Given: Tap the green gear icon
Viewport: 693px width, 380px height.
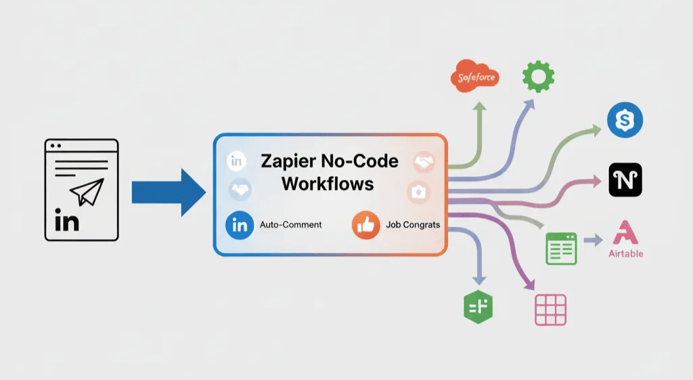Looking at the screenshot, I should coord(538,77).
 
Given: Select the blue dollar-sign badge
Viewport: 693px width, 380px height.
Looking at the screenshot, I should coord(625,121).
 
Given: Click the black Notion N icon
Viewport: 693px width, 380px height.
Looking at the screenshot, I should coord(625,180).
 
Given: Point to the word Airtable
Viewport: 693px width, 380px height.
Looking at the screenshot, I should coord(625,254).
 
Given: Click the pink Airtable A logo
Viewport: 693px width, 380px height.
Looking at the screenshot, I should coord(625,233).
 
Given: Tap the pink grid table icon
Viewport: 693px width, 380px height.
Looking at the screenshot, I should coord(550,310).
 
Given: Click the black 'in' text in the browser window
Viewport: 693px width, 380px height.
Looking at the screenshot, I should coord(66,221).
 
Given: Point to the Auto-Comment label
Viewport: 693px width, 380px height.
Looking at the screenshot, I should coord(290,224).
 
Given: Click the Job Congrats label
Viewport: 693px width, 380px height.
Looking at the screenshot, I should coord(413,224).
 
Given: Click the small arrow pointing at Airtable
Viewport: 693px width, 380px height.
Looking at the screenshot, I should coord(592,240).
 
